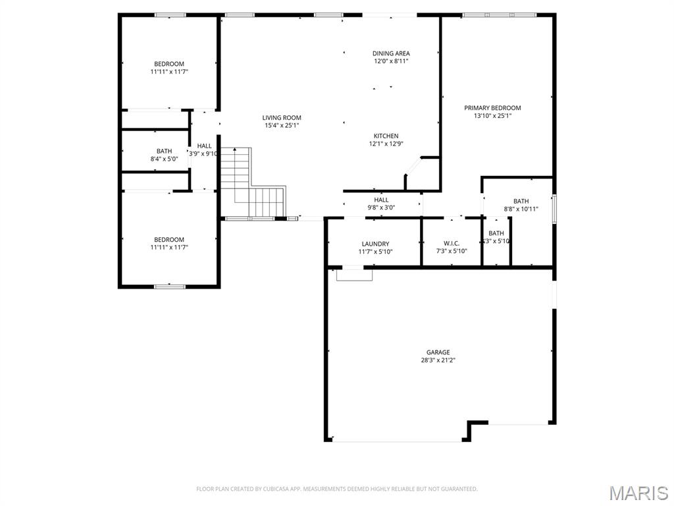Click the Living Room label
pyautogui.click(x=282, y=117)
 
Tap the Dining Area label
pyautogui.click(x=391, y=53)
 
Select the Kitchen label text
pyautogui.click(x=386, y=136)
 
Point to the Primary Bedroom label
pyautogui.click(x=492, y=108)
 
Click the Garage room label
pyautogui.click(x=438, y=352)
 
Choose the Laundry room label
pyautogui.click(x=375, y=244)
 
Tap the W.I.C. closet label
pyautogui.click(x=452, y=244)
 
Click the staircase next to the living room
pyautogui.click(x=250, y=184)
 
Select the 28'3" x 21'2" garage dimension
pyautogui.click(x=438, y=360)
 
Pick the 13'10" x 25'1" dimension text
pyautogui.click(x=492, y=116)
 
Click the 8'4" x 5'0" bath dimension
pyautogui.click(x=164, y=159)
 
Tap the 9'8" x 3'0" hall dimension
pyautogui.click(x=381, y=208)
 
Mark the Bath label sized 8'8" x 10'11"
pyautogui.click(x=521, y=202)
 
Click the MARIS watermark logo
pyautogui.click(x=638, y=493)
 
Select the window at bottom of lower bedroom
pyautogui.click(x=169, y=286)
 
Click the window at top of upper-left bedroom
pyautogui.click(x=170, y=14)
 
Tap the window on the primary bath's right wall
pyautogui.click(x=554, y=209)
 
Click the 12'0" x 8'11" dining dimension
pyautogui.click(x=391, y=61)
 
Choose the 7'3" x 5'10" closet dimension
pyautogui.click(x=452, y=252)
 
